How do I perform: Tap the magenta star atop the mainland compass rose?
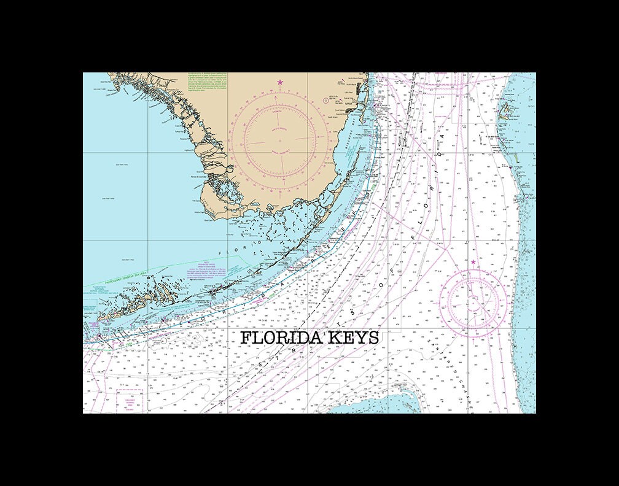[x=280, y=82]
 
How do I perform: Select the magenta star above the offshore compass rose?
[x=473, y=263]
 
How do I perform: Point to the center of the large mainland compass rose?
[x=280, y=140]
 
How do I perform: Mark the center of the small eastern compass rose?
[x=473, y=301]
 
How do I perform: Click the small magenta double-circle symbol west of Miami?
[x=325, y=100]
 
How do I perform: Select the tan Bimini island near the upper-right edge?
[x=507, y=111]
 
